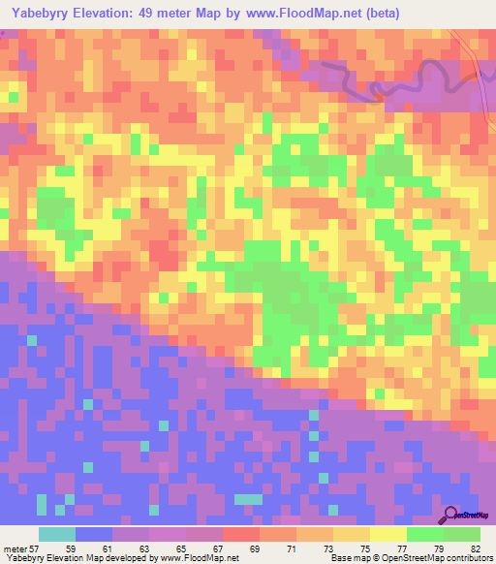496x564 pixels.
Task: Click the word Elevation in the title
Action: [x=115, y=14]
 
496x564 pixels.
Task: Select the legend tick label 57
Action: [x=38, y=548]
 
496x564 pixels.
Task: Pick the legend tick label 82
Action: [x=475, y=548]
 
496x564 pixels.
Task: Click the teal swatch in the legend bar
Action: [x=57, y=534]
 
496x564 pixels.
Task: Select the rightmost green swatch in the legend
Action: [x=462, y=534]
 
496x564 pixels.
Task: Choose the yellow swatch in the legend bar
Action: [x=388, y=534]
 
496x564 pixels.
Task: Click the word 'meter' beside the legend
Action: [x=15, y=548]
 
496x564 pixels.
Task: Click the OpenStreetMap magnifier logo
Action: [x=450, y=514]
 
